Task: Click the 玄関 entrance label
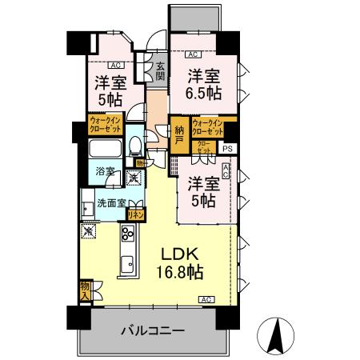coord(160,73)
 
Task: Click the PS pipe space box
coord(229,147)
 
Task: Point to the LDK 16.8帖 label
coord(182,262)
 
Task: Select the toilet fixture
coord(136,146)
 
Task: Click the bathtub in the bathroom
coord(106,150)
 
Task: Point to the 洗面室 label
coord(110,202)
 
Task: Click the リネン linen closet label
coord(137,214)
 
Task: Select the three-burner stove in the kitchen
coord(128,234)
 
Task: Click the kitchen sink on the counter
coord(126,265)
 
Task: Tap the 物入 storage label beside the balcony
coord(84,290)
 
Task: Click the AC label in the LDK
coord(206,299)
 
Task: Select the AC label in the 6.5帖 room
coord(192,55)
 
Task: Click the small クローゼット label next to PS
coord(205,146)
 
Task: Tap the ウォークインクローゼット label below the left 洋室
coord(104,126)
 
